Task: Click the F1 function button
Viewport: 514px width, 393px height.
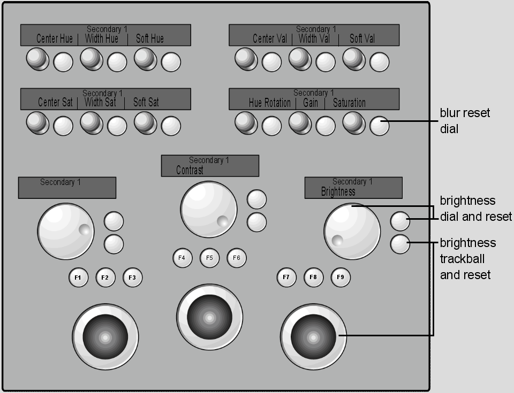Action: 78,278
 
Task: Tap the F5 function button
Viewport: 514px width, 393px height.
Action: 209,258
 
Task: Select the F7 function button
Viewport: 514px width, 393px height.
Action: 286,277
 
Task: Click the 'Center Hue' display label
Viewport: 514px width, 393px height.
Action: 55,38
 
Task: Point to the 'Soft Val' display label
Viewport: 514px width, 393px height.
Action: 362,38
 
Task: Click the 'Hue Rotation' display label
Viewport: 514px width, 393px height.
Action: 269,103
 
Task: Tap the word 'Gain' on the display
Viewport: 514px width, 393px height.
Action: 311,103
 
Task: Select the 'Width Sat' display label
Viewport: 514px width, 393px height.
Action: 100,102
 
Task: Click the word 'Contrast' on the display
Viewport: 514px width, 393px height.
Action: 190,170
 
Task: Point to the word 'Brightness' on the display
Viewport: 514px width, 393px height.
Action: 338,191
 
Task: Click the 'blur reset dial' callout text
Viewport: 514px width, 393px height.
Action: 465,120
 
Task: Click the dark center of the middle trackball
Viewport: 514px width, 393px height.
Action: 209,318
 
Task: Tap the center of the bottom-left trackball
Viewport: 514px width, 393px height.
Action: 105,337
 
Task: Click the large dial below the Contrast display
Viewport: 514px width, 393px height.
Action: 208,210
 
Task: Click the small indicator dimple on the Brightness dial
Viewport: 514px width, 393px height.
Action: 337,241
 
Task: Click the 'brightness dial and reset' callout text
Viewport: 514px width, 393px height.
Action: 475,209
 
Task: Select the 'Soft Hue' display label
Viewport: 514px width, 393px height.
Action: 150,38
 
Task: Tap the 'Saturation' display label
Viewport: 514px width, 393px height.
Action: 349,103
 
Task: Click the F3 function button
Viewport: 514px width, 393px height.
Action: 132,278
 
